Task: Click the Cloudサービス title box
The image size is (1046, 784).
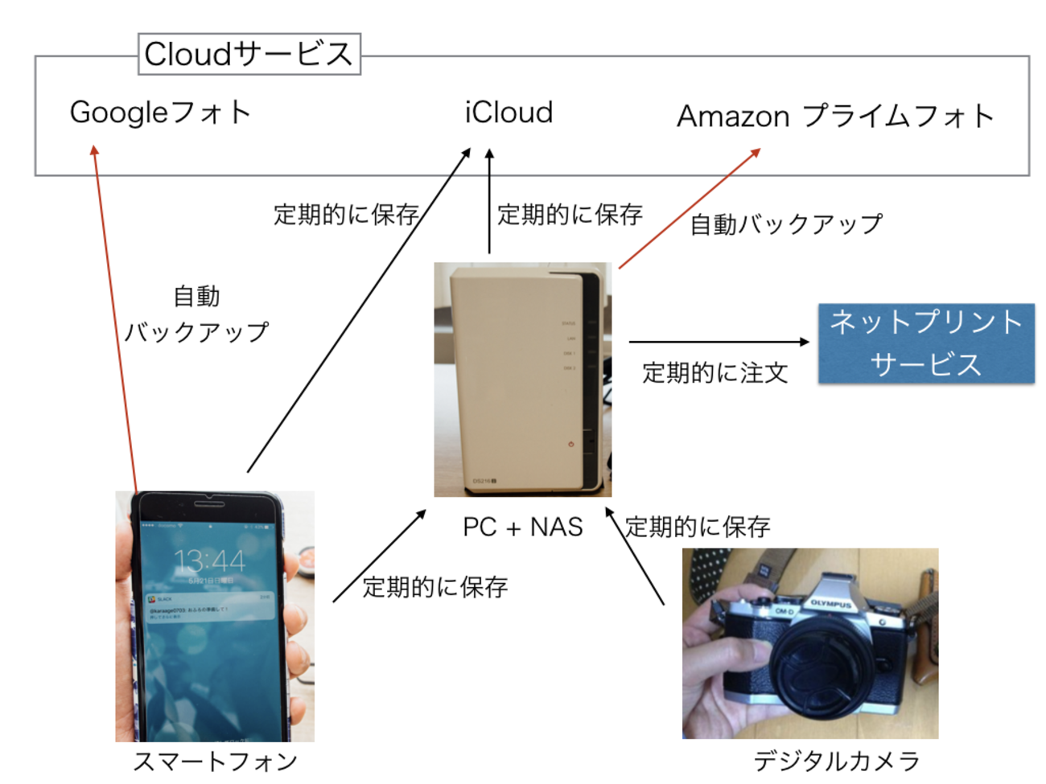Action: click(x=249, y=54)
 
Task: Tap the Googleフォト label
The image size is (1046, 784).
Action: click(x=160, y=113)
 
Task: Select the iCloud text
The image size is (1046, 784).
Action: click(x=509, y=113)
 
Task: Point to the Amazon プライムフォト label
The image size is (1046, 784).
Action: click(x=835, y=117)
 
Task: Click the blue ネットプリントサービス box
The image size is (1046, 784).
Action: click(x=926, y=343)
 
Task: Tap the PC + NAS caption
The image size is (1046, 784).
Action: click(x=522, y=527)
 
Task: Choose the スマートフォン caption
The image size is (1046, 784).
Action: click(x=215, y=761)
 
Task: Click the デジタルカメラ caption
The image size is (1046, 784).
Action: click(x=836, y=761)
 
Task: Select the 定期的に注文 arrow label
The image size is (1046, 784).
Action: click(x=714, y=373)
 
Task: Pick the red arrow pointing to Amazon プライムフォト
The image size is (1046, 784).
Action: click(x=689, y=208)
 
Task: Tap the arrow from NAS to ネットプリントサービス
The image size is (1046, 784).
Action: click(x=719, y=342)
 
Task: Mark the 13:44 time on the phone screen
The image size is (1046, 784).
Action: click(x=209, y=560)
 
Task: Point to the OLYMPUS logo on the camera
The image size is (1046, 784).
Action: click(x=830, y=603)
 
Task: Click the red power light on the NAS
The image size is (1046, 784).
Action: click(x=571, y=444)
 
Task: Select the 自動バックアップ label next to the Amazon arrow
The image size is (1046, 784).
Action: click(x=786, y=224)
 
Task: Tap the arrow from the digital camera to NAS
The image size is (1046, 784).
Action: click(x=635, y=556)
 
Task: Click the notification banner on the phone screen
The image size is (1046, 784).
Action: click(x=209, y=608)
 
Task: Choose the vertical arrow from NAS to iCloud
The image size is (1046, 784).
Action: click(x=489, y=201)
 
